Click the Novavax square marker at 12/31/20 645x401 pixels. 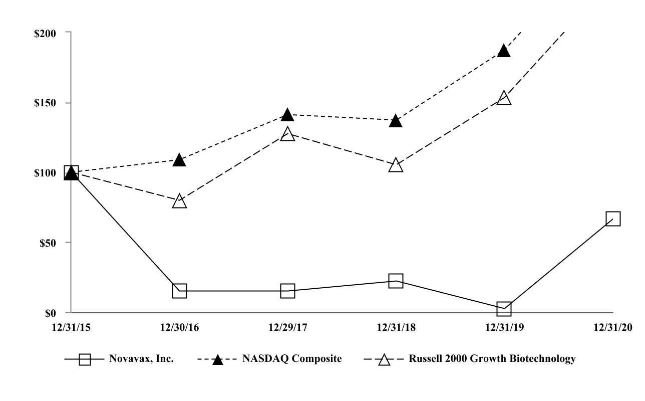point(612,219)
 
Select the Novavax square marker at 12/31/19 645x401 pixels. point(504,309)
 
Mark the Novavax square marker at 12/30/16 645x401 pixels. point(179,291)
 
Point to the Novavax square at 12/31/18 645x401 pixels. point(396,281)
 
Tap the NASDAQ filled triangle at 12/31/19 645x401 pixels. point(504,51)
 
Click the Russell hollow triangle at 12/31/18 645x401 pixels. point(396,165)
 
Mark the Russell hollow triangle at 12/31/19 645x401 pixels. point(504,98)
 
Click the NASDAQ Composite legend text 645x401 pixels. point(292,359)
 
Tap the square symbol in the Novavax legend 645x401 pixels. point(85,359)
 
